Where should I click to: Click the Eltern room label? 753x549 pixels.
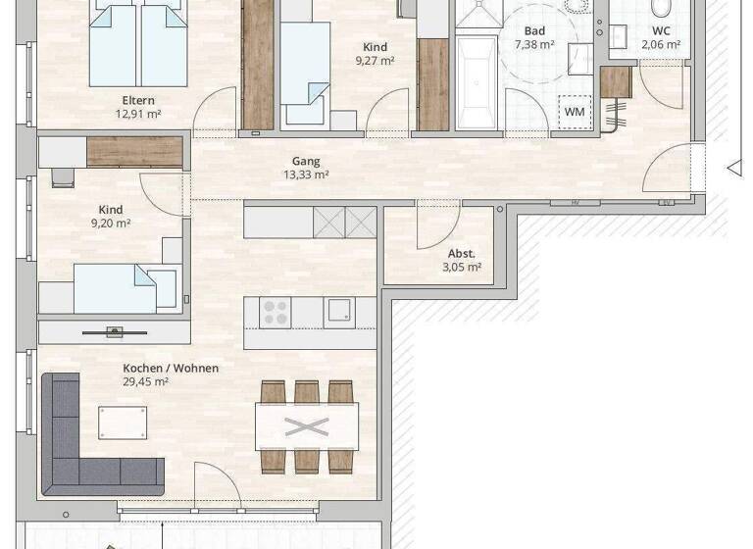pyautogui.click(x=138, y=100)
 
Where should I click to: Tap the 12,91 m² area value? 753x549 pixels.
pyautogui.click(x=138, y=114)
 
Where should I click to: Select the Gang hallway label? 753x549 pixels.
pyautogui.click(x=306, y=162)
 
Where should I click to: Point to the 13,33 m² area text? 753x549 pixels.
pyautogui.click(x=306, y=175)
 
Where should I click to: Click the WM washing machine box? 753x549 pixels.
pyautogui.click(x=575, y=112)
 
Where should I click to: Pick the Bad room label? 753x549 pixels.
pyautogui.click(x=534, y=31)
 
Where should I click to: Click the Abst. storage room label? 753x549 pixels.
pyautogui.click(x=461, y=253)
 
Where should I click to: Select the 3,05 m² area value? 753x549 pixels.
pyautogui.click(x=461, y=267)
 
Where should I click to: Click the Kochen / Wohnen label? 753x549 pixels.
pyautogui.click(x=171, y=369)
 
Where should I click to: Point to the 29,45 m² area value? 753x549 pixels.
pyautogui.click(x=145, y=382)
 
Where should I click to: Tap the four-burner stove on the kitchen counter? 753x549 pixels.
pyautogui.click(x=276, y=313)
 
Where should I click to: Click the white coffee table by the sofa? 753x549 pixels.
pyautogui.click(x=123, y=423)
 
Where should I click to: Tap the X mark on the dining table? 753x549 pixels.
pyautogui.click(x=307, y=426)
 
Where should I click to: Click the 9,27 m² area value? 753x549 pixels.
pyautogui.click(x=376, y=61)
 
